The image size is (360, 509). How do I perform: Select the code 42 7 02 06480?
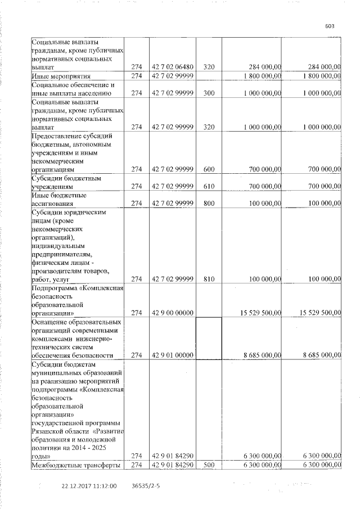(x=173, y=67)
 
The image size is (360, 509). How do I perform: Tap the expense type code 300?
(x=209, y=93)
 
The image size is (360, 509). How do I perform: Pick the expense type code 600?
(x=209, y=169)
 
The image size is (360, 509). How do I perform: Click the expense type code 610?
(x=209, y=186)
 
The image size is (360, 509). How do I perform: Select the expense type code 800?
(x=209, y=202)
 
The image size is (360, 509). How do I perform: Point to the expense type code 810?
(x=209, y=278)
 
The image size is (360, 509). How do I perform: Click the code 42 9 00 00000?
(x=173, y=313)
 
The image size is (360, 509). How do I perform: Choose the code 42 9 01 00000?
(x=173, y=355)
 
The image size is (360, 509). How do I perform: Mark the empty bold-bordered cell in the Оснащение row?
(x=209, y=338)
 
